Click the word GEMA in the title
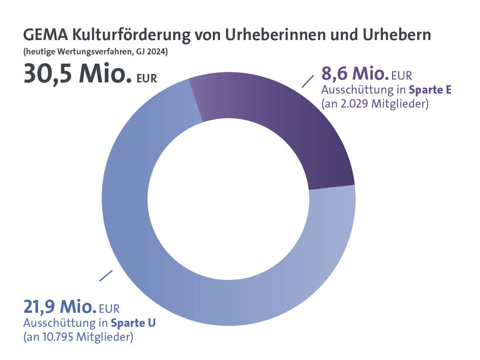pyautogui.click(x=45, y=35)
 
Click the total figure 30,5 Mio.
pyautogui.click(x=78, y=74)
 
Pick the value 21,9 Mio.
pyautogui.click(x=59, y=307)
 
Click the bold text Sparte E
pyautogui.click(x=430, y=90)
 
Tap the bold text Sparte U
pyautogui.click(x=133, y=322)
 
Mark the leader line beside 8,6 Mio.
pyautogui.click(x=307, y=81)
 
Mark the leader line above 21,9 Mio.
pyautogui.click(x=106, y=276)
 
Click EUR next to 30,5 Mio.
pyautogui.click(x=146, y=79)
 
